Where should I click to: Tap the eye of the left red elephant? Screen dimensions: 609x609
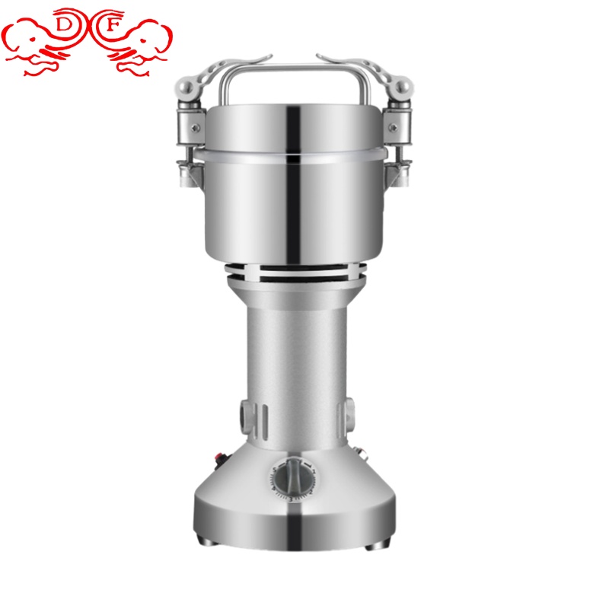(33, 40)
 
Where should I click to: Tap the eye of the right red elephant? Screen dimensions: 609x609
(143, 40)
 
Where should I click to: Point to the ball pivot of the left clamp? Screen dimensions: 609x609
(186, 88)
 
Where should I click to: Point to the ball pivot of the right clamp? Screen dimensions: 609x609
(403, 88)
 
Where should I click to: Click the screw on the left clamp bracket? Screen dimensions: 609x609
(196, 127)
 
